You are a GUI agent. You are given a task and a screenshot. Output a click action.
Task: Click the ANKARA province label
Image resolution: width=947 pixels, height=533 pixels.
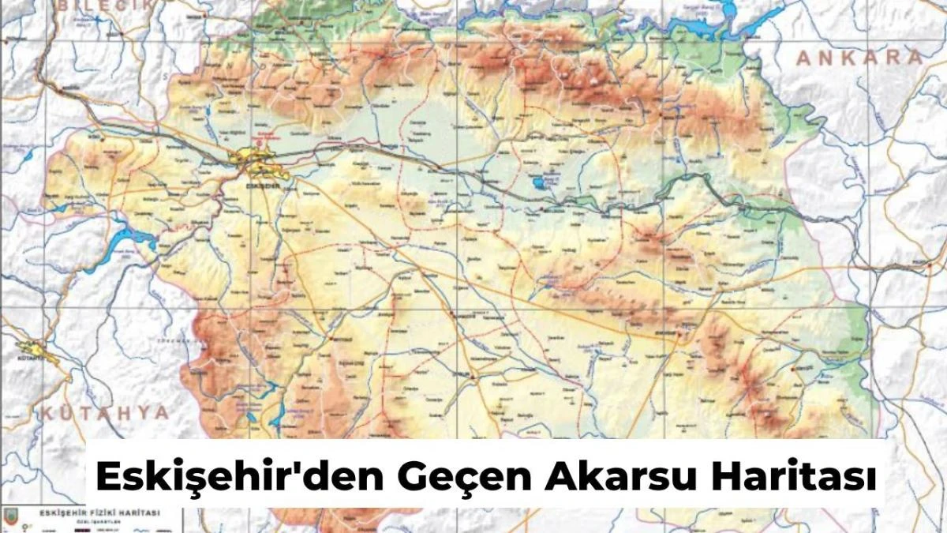[859, 58]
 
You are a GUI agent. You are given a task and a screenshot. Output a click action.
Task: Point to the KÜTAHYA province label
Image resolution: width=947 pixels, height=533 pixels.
[105, 413]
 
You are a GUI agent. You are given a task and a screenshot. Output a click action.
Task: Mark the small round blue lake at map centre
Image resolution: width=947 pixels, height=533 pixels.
[539, 183]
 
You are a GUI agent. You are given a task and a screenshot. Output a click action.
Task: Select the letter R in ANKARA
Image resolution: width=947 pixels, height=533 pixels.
[892, 58]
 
